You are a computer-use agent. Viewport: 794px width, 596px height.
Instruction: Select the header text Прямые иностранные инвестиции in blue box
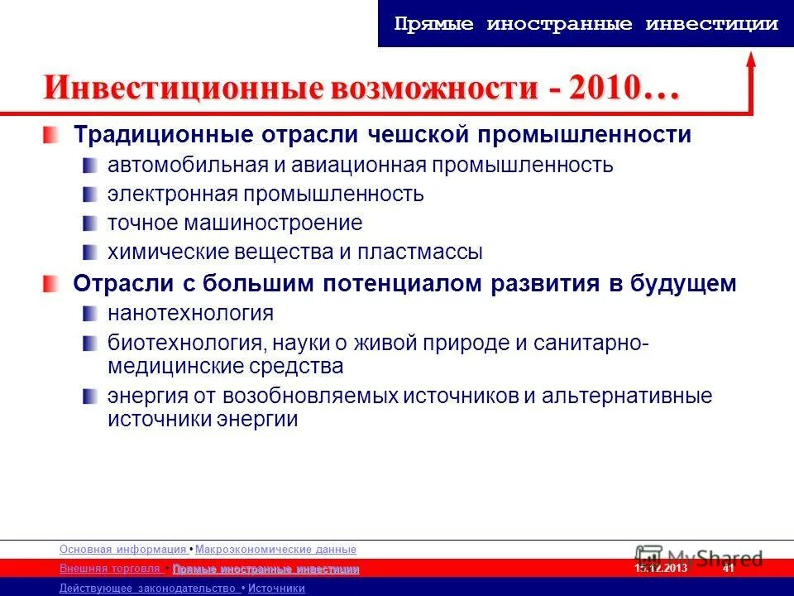click(x=586, y=24)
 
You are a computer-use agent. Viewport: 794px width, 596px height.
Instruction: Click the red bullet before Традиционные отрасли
click(x=52, y=134)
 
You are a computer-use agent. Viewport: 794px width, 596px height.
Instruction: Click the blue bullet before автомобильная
click(x=89, y=164)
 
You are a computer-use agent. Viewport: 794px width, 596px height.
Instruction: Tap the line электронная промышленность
click(x=265, y=194)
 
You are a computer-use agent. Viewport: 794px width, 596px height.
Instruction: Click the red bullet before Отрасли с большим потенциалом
click(x=52, y=284)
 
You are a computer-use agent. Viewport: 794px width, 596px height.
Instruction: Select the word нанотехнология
click(x=189, y=313)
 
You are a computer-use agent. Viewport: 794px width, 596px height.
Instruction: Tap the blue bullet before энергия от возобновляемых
click(x=89, y=396)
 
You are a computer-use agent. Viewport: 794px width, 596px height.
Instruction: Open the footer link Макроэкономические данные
click(x=275, y=550)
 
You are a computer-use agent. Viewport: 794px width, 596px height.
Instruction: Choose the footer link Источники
click(x=276, y=589)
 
